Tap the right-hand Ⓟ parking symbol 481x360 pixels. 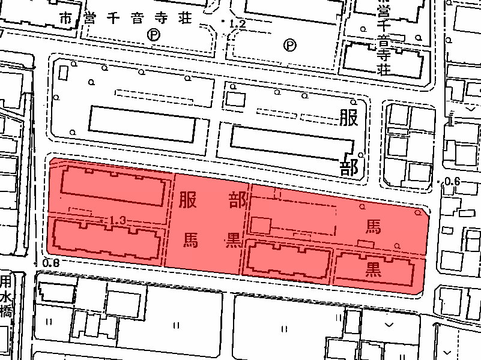(x=291, y=44)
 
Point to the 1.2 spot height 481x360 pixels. (x=237, y=24)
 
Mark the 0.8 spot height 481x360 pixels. (x=51, y=263)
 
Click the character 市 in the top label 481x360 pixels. (x=65, y=19)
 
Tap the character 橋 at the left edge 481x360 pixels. (x=6, y=312)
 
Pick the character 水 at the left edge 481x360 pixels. (x=6, y=297)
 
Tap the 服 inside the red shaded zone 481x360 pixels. (x=187, y=200)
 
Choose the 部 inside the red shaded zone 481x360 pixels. (x=233, y=200)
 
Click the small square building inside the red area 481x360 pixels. (x=260, y=226)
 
